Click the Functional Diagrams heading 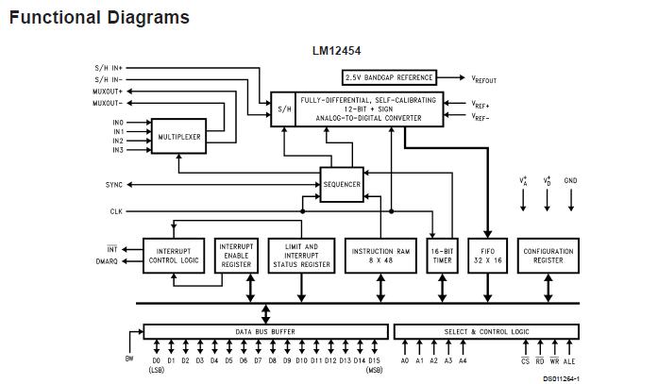click(x=98, y=17)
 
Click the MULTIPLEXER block click(x=178, y=137)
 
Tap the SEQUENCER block click(x=342, y=184)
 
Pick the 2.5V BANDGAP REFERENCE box click(x=388, y=77)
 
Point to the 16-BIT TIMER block click(x=441, y=256)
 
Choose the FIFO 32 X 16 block click(x=487, y=256)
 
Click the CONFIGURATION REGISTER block click(x=548, y=256)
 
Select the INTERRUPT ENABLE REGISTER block click(x=236, y=256)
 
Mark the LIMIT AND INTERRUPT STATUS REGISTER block click(x=301, y=256)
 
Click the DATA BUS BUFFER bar click(x=265, y=331)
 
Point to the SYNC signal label click(x=114, y=184)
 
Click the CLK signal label click(x=116, y=211)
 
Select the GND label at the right click(x=570, y=180)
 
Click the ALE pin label click(x=569, y=360)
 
